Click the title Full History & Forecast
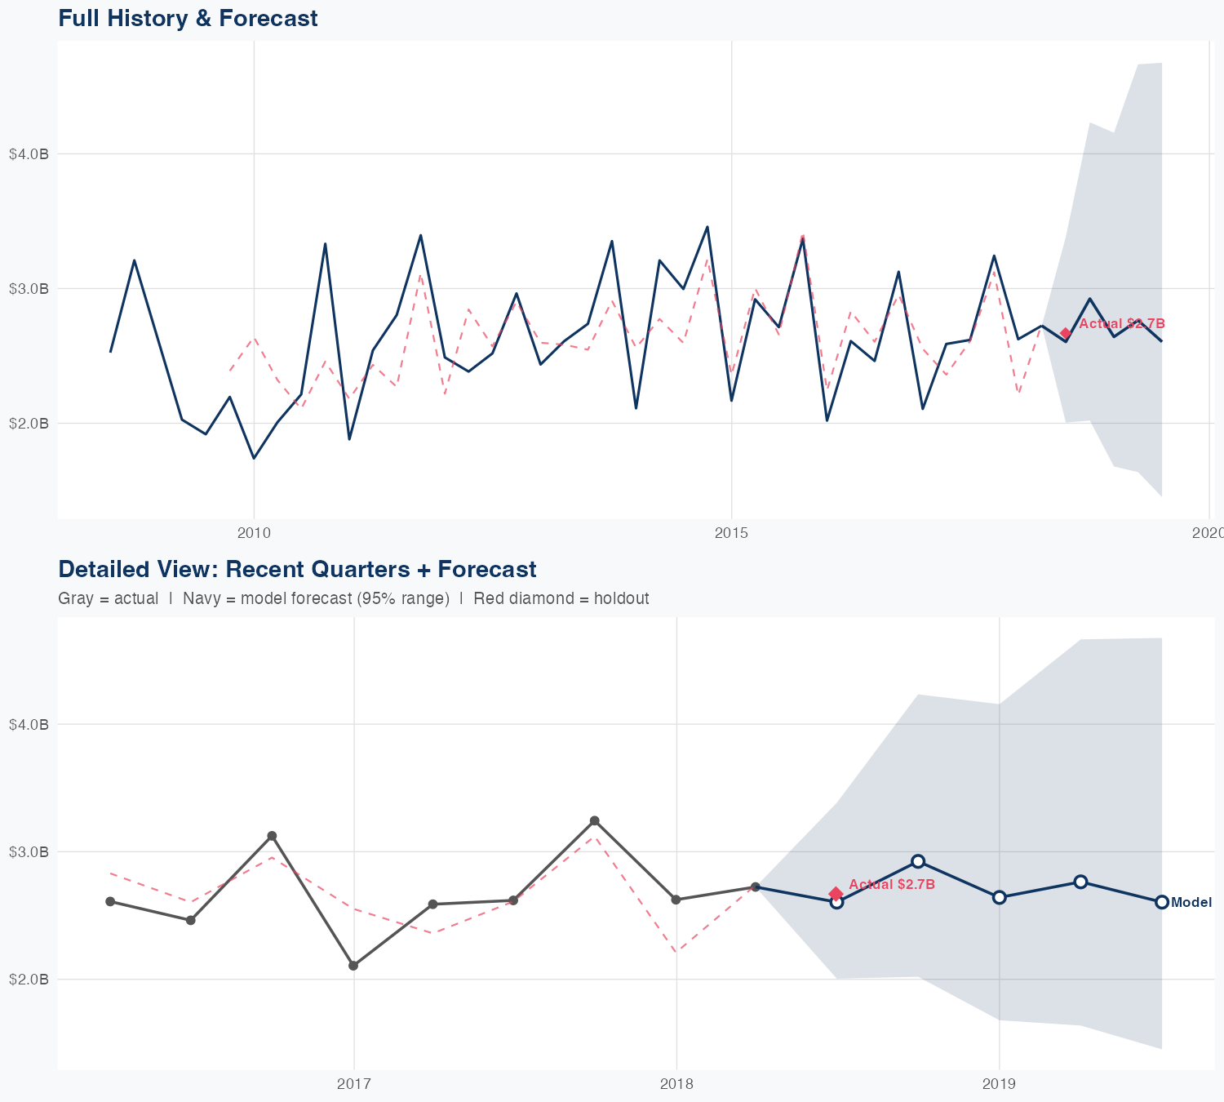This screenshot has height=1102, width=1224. click(188, 18)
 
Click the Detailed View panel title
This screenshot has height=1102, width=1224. click(297, 569)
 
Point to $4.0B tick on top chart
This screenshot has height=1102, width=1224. click(29, 153)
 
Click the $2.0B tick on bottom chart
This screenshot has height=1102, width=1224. click(29, 979)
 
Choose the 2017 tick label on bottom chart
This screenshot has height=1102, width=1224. click(353, 1084)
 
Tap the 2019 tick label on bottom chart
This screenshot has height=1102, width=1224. click(999, 1084)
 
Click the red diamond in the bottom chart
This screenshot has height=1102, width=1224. click(836, 894)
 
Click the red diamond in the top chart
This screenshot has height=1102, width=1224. click(1066, 333)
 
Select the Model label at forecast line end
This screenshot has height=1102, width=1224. click(1191, 903)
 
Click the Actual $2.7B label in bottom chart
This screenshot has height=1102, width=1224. click(891, 885)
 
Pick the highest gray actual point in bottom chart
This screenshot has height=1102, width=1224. click(595, 820)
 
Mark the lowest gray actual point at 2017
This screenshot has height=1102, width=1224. click(353, 966)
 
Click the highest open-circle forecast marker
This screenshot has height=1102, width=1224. click(918, 861)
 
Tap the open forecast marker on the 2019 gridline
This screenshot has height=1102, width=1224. click(999, 897)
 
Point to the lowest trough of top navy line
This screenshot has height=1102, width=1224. click(254, 458)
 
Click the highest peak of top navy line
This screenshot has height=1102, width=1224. click(707, 227)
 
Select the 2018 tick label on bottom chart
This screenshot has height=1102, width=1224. click(676, 1084)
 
